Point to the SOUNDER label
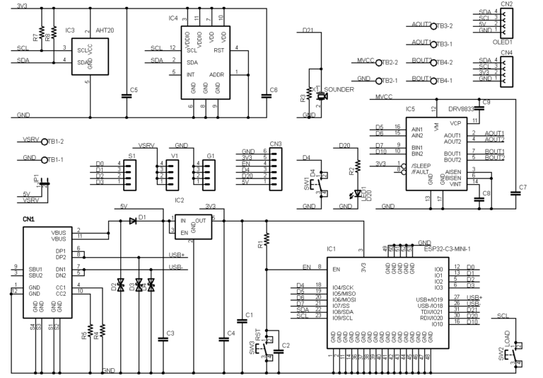(x=339, y=91)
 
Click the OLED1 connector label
(x=503, y=40)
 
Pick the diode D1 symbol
(x=133, y=220)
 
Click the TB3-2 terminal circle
(x=433, y=25)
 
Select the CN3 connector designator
(x=276, y=144)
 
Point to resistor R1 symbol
(x=266, y=244)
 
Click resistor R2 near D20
(x=357, y=166)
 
